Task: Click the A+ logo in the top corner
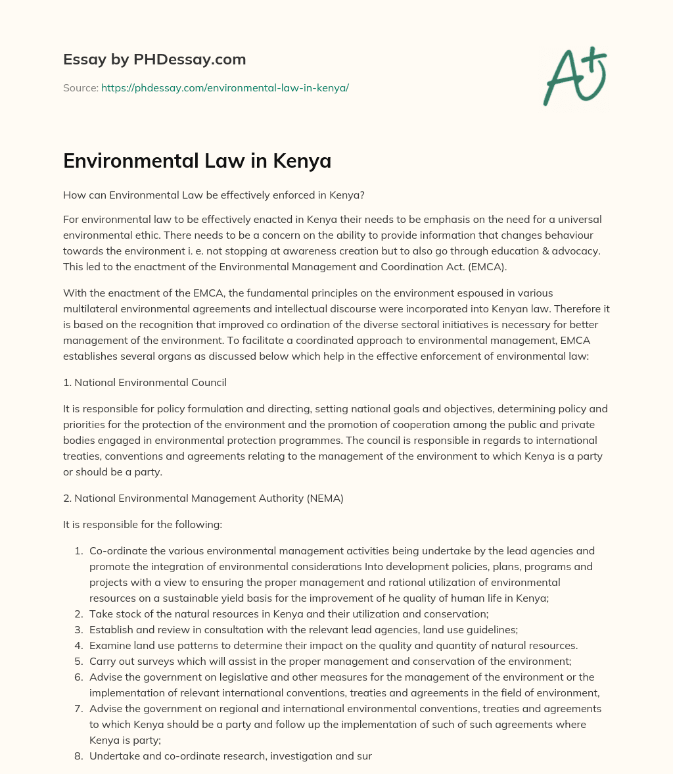574,76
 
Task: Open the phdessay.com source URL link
225,87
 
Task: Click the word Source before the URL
80,87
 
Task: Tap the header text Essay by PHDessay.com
154,60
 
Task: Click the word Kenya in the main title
301,161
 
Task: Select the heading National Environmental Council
151,382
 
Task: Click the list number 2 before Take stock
78,614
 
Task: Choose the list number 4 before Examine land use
78,645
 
